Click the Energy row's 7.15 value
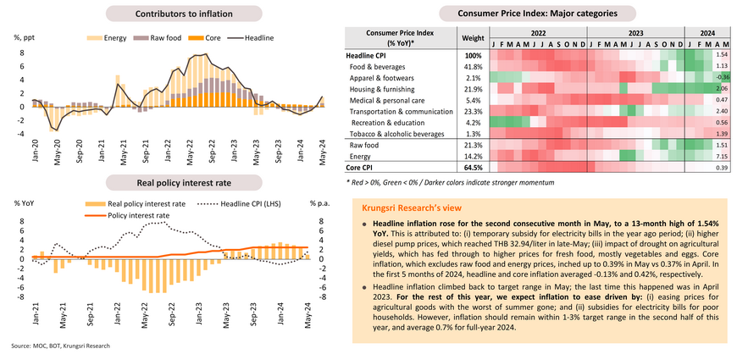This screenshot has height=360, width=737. point(722,157)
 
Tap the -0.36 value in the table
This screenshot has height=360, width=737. point(722,77)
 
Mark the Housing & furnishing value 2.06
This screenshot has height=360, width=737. point(722,88)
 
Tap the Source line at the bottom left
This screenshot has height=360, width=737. point(60,346)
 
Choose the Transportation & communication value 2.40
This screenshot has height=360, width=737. point(722,111)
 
